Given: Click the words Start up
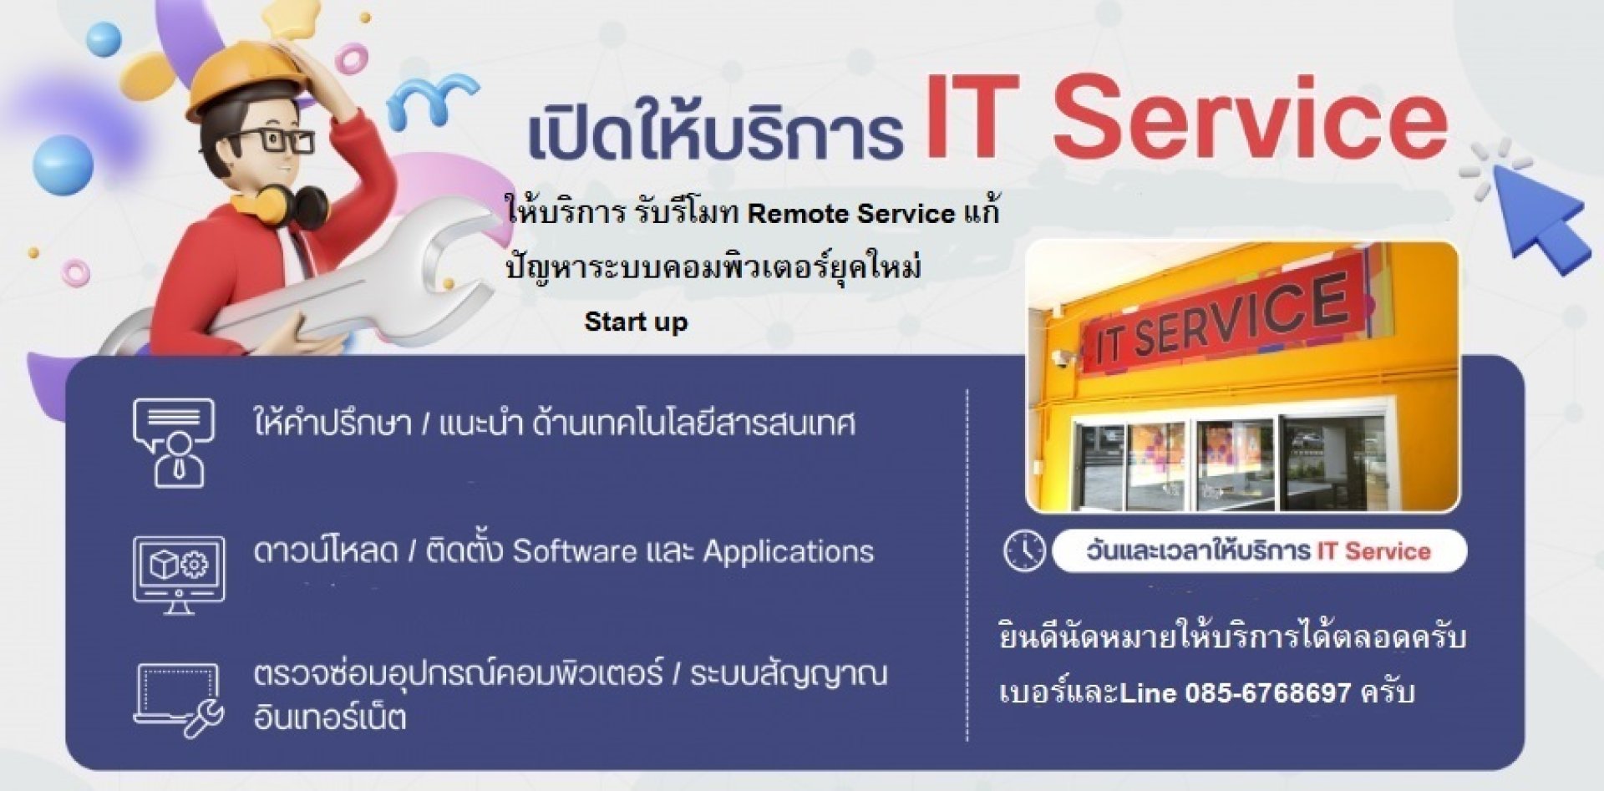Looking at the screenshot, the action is tap(636, 322).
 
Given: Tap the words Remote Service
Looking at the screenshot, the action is tap(851, 214).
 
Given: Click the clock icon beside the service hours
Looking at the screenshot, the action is tap(1024, 550).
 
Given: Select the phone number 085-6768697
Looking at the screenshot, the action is tap(1268, 692).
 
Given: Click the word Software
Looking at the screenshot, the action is tap(575, 551).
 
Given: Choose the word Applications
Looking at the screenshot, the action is tap(789, 552).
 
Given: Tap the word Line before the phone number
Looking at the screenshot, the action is tap(1148, 692).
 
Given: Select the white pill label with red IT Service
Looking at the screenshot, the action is tap(1259, 551).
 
